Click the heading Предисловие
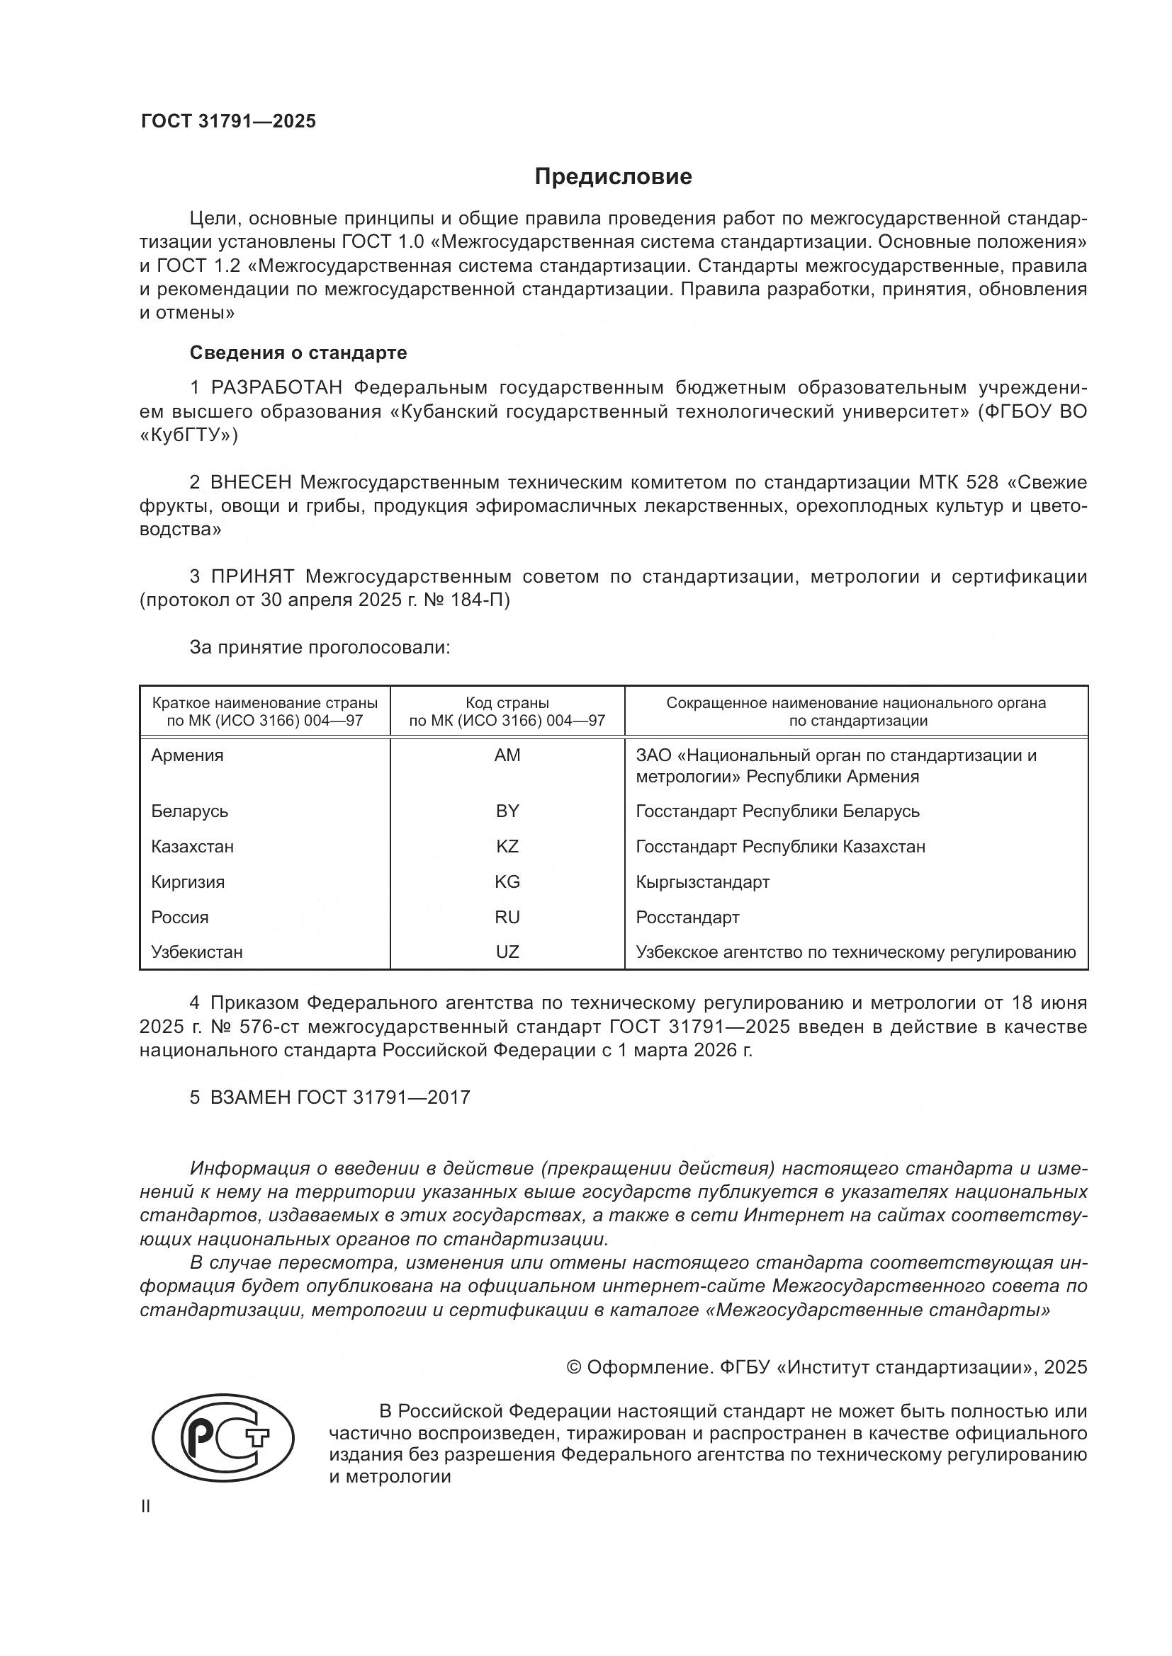pos(613,177)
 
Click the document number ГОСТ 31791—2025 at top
pos(228,121)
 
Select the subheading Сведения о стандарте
pos(298,353)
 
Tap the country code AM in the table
pos(507,755)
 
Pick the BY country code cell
pos(507,811)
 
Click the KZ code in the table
pos(507,846)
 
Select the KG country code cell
pos(507,881)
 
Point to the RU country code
pos(507,917)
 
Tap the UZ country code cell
pos(507,952)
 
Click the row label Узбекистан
pos(196,952)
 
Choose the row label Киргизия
pos(188,881)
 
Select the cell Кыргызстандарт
pos(702,881)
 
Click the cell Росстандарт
pos(687,917)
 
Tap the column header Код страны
pos(507,702)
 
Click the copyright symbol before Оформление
pos(574,1368)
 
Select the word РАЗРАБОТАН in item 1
pos(276,387)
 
